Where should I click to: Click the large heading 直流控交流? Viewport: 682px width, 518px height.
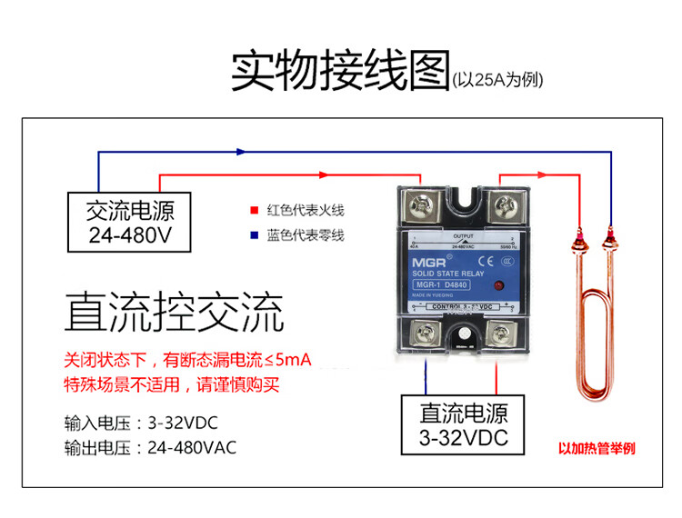[x=175, y=312]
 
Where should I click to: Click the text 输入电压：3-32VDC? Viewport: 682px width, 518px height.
[x=141, y=423]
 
